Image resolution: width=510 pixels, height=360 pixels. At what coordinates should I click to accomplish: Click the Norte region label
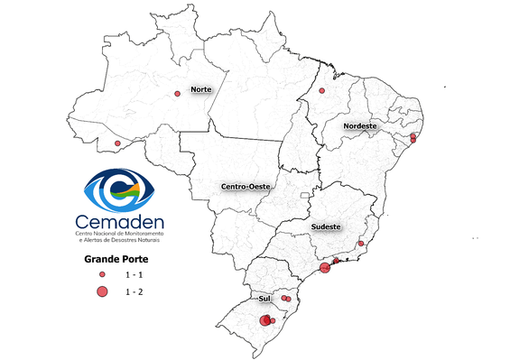point(200,90)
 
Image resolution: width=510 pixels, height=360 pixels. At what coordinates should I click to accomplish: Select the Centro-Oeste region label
point(246,186)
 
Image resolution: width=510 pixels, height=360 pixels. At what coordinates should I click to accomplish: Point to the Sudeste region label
point(326,227)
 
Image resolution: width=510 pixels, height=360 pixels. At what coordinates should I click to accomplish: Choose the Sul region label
point(265,297)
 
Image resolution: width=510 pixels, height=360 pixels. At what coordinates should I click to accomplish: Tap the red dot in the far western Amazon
point(117,143)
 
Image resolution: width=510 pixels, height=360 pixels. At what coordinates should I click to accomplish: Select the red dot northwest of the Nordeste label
point(322,91)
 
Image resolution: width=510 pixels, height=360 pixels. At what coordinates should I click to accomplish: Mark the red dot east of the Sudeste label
point(361,243)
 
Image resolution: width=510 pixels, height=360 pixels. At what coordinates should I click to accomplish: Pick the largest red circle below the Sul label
point(265,320)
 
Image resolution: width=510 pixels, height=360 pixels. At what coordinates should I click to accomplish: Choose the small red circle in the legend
point(103,273)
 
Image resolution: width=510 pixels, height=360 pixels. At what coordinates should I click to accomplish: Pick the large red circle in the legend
point(103,291)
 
